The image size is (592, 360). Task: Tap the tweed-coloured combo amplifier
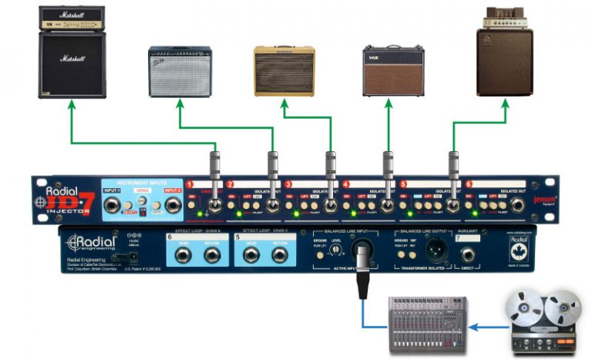point(284,71)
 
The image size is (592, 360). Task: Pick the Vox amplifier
point(392,70)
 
